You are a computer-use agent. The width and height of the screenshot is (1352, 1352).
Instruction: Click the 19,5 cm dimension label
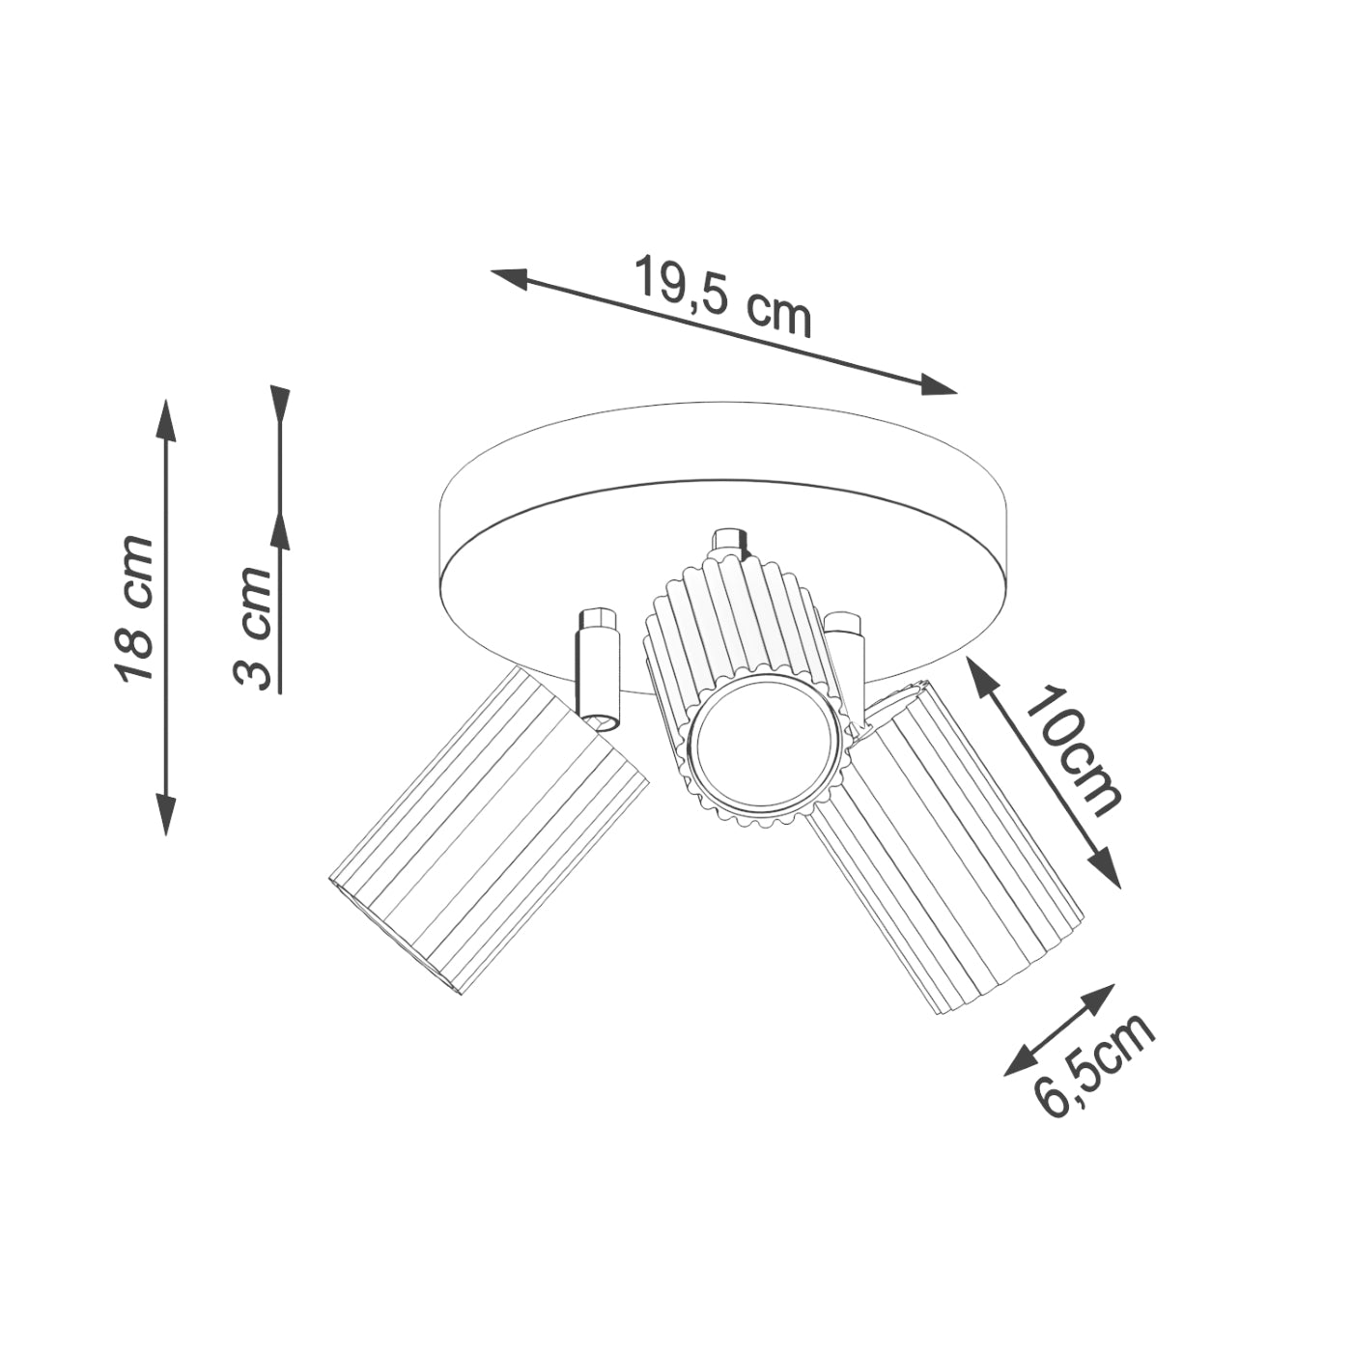[x=721, y=296]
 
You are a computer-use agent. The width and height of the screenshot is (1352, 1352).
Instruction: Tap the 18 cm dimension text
[x=133, y=608]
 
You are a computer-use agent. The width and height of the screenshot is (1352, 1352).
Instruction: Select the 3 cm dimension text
[x=253, y=628]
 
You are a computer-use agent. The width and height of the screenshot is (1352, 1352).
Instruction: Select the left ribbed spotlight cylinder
[x=489, y=834]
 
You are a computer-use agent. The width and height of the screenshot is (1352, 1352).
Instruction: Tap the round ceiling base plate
[x=724, y=483]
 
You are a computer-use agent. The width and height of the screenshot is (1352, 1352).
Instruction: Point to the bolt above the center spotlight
[x=728, y=542]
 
